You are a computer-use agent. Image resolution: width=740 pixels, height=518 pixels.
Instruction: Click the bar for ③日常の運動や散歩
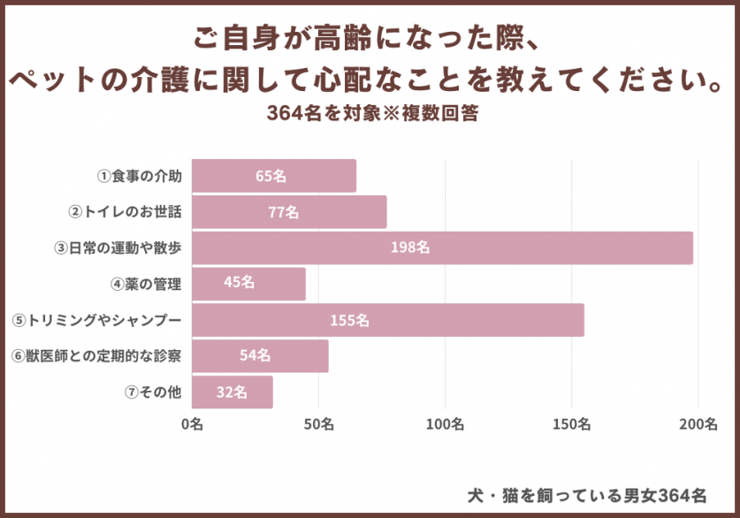tap(442, 248)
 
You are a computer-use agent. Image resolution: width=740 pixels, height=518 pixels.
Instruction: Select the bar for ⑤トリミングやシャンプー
tap(387, 320)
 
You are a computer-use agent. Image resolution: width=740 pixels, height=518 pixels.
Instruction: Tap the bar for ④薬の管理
tap(248, 284)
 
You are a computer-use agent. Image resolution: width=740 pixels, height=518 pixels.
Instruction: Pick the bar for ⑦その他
tap(232, 392)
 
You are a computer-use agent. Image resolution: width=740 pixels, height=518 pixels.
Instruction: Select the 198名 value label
tap(410, 248)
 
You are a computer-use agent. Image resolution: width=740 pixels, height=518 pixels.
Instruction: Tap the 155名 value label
tap(350, 320)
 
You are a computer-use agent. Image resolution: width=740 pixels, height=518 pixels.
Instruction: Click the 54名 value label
tap(256, 355)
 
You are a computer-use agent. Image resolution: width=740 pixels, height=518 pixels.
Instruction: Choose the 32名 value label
tap(232, 392)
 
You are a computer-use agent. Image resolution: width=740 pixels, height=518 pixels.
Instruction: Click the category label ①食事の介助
tap(140, 176)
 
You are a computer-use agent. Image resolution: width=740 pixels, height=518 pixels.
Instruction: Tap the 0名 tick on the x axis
tap(192, 423)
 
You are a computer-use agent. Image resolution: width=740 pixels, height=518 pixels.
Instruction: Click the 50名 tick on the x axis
tap(318, 423)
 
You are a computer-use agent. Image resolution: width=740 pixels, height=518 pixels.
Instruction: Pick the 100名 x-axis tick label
tap(445, 423)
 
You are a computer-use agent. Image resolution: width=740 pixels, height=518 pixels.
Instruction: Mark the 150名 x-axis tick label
tap(572, 423)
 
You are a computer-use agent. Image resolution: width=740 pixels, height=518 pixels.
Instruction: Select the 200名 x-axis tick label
tap(698, 423)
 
